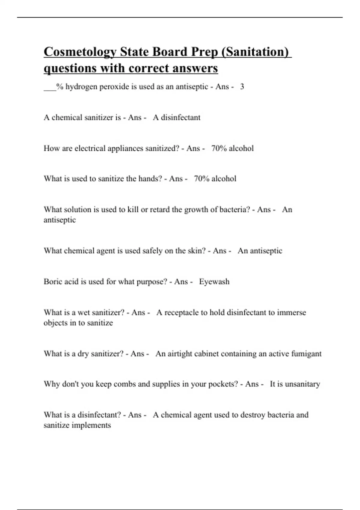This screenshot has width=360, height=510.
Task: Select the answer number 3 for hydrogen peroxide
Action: click(242, 87)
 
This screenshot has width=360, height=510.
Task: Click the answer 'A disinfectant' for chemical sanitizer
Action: click(176, 117)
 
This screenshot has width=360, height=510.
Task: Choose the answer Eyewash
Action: click(214, 282)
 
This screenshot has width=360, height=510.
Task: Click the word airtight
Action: click(180, 354)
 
